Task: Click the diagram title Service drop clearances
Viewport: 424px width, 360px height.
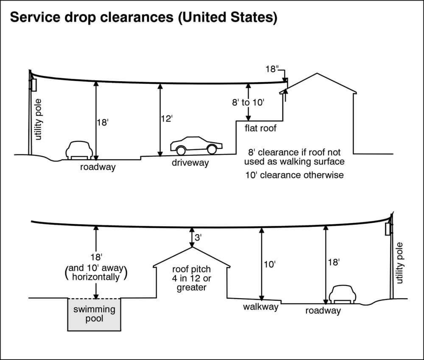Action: coord(143,18)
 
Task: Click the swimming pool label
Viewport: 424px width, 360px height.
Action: coord(94,313)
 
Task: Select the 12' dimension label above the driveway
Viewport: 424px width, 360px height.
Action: coord(167,119)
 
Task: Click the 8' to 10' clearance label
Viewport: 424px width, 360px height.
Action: coord(248,102)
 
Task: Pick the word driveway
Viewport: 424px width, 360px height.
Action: coord(190,162)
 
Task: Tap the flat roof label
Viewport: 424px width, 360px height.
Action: coord(260,127)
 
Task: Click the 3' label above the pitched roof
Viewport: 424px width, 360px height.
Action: coord(198,238)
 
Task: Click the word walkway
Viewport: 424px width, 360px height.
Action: coord(260,307)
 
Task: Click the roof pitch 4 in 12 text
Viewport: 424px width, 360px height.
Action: coord(192,278)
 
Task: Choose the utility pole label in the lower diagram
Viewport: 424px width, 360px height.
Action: coord(401,263)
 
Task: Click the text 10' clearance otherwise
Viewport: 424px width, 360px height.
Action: coord(294,175)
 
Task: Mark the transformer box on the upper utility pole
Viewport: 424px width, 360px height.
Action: coord(33,84)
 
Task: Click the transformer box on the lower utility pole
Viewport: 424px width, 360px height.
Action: coord(387,230)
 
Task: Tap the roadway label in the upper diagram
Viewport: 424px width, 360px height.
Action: coord(98,167)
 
